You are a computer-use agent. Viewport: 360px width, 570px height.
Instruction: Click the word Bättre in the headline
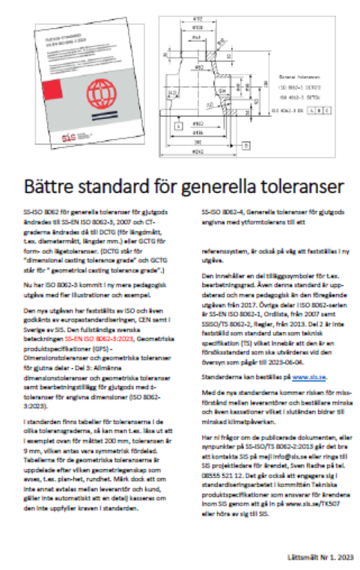50,183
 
